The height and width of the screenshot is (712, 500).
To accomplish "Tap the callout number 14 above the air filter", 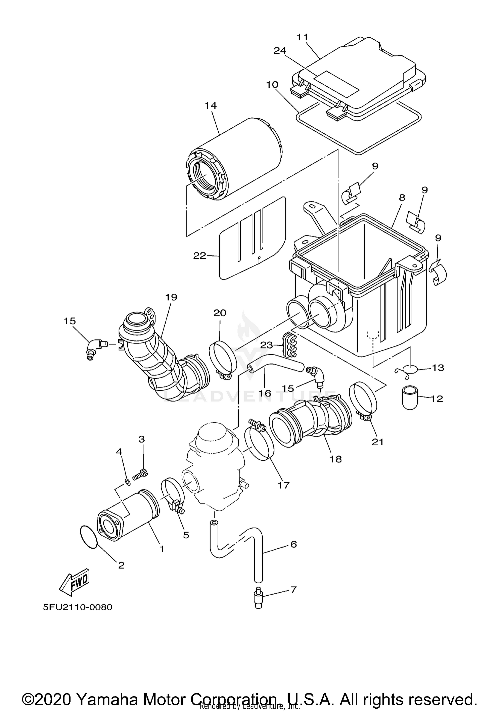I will point(211,106).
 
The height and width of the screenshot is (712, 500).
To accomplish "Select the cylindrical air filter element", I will point(233,160).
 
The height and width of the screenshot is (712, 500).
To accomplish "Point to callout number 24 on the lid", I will point(280,51).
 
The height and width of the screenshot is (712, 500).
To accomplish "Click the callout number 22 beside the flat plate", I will point(200,256).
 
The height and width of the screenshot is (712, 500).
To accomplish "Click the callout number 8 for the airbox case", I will point(402,198).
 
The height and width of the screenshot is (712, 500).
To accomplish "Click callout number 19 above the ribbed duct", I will point(171,297).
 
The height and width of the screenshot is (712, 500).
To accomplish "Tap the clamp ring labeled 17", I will point(259,444).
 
